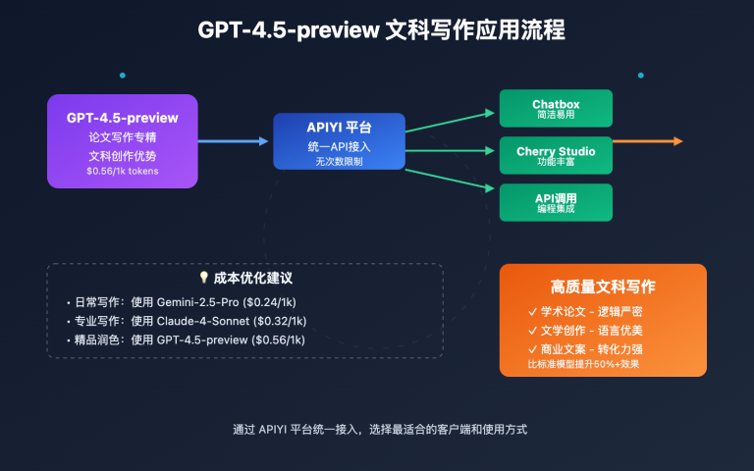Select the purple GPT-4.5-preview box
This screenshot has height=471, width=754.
(123, 141)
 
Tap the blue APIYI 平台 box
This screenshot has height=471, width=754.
(339, 141)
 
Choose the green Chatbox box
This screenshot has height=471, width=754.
(556, 108)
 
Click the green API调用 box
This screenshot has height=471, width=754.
(556, 202)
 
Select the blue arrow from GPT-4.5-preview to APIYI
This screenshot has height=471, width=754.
(234, 141)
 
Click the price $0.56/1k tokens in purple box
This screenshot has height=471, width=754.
(122, 171)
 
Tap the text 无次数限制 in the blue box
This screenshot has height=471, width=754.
(339, 161)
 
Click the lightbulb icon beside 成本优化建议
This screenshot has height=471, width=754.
(203, 279)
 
